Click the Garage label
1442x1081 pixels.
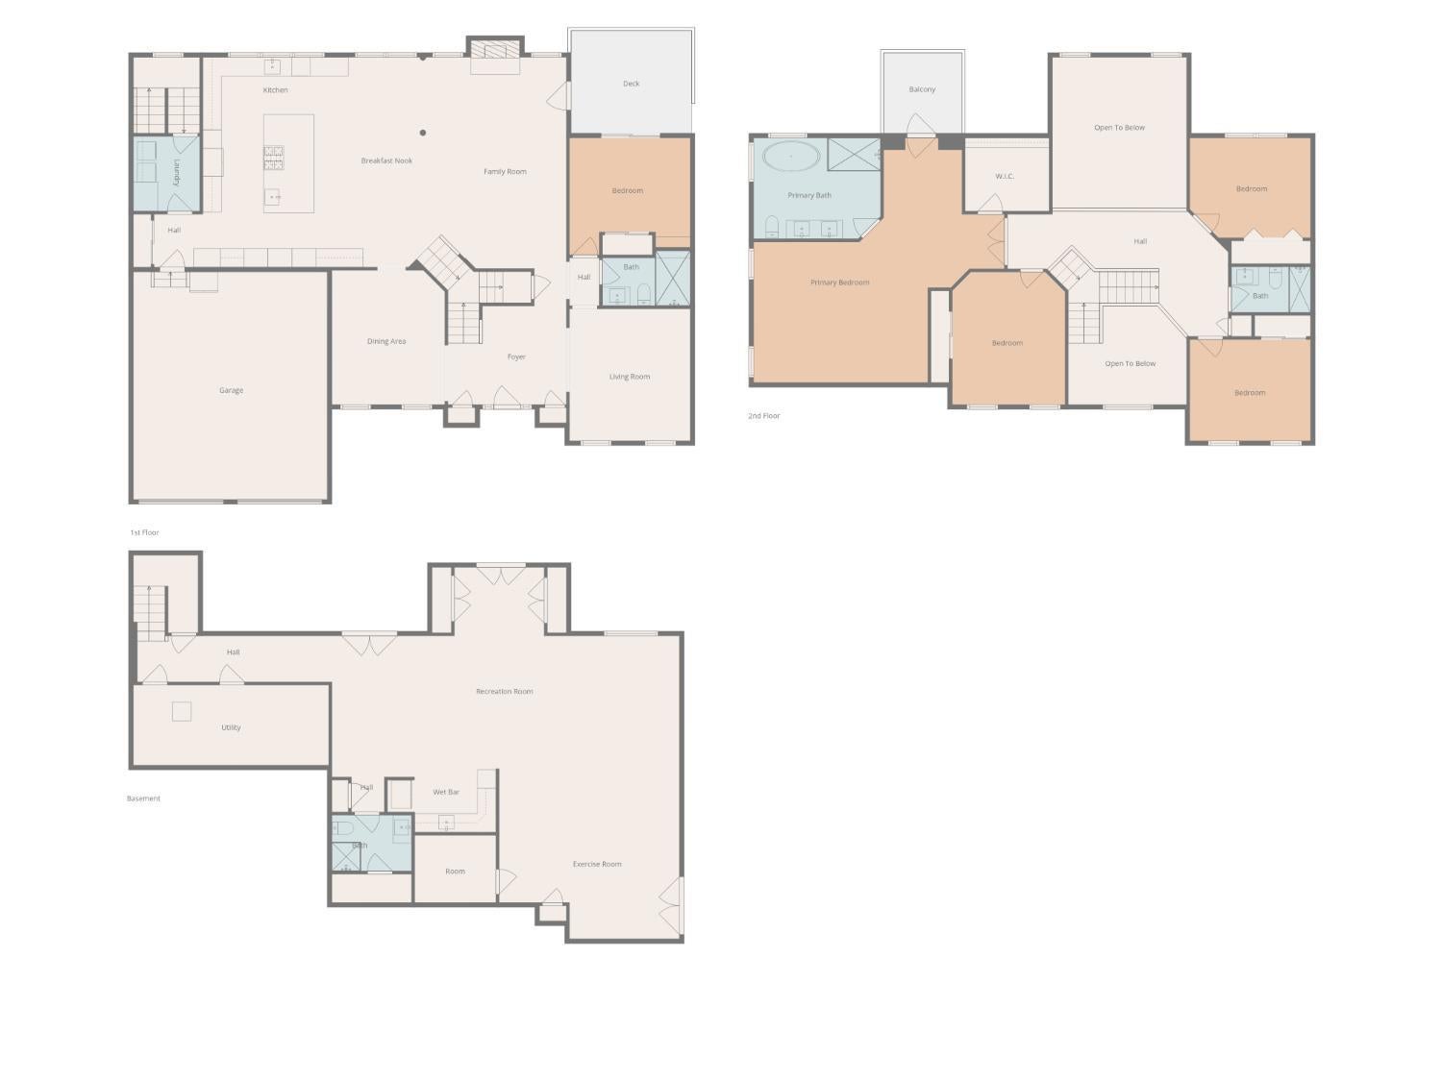pyautogui.click(x=231, y=390)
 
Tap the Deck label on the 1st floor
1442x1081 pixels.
pyautogui.click(x=631, y=84)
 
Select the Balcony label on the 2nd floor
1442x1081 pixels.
pyautogui.click(x=922, y=89)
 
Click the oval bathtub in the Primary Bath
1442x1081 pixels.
pyautogui.click(x=791, y=155)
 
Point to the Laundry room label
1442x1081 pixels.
pyautogui.click(x=177, y=173)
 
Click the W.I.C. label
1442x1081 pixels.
pyautogui.click(x=1005, y=176)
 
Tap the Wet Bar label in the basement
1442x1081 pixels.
pyautogui.click(x=446, y=792)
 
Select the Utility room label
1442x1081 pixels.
pyautogui.click(x=231, y=727)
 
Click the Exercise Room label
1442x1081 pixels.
pyautogui.click(x=597, y=864)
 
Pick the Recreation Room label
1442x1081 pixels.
pyautogui.click(x=504, y=691)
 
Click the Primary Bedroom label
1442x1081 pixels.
pyautogui.click(x=839, y=283)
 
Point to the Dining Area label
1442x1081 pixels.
pyautogui.click(x=386, y=341)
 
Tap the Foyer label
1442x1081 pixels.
pyautogui.click(x=516, y=356)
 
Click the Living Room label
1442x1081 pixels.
pyautogui.click(x=630, y=377)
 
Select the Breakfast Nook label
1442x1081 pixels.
pyautogui.click(x=386, y=160)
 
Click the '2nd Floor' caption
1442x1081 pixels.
pyautogui.click(x=764, y=416)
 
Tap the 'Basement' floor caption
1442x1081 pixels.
pyautogui.click(x=143, y=798)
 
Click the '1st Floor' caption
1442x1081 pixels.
pyautogui.click(x=145, y=532)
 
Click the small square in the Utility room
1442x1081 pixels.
pyautogui.click(x=182, y=711)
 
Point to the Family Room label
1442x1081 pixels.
pyautogui.click(x=505, y=172)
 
